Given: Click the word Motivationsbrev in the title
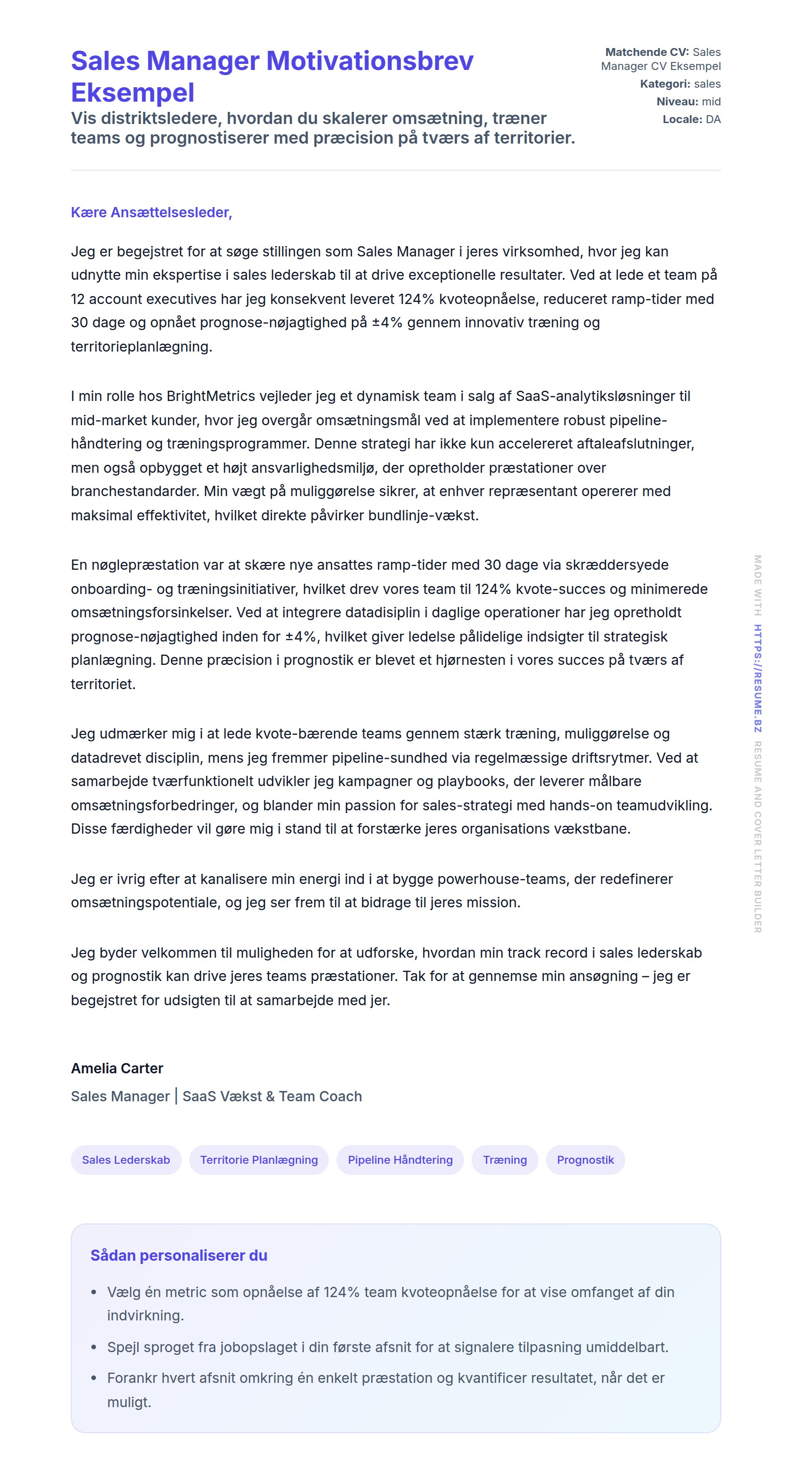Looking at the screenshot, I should pyautogui.click(x=370, y=61).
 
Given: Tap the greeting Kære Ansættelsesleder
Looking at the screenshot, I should pyautogui.click(x=151, y=212).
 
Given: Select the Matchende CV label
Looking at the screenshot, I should pyautogui.click(x=646, y=52).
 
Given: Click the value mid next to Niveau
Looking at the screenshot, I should pyautogui.click(x=711, y=102).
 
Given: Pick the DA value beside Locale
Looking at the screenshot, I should pyautogui.click(x=713, y=119).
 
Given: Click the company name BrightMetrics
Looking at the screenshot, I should pyautogui.click(x=211, y=396).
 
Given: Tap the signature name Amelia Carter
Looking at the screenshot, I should pyautogui.click(x=117, y=1068).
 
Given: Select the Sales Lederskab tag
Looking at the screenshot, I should pyautogui.click(x=126, y=1160).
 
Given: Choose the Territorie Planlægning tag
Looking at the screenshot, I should pyautogui.click(x=259, y=1160).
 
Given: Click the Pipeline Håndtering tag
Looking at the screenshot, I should pyautogui.click(x=400, y=1160).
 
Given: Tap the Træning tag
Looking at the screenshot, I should pyautogui.click(x=505, y=1160).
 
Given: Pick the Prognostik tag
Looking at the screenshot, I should pyautogui.click(x=585, y=1160).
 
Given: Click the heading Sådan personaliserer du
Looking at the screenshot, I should pyautogui.click(x=179, y=1256).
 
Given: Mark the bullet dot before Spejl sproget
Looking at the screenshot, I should pyautogui.click(x=94, y=1347).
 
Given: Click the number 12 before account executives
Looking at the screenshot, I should pyautogui.click(x=78, y=299).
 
